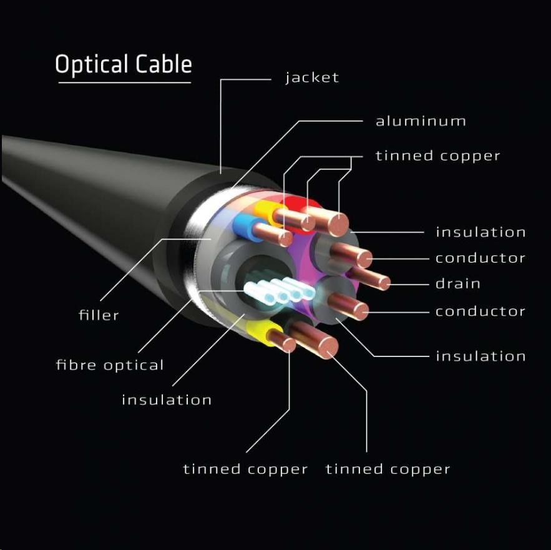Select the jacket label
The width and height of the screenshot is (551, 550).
312,78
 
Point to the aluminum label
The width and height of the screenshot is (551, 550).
421,121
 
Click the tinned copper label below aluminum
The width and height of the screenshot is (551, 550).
437,156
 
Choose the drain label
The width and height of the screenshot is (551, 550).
458,284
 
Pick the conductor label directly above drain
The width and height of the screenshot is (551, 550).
480,258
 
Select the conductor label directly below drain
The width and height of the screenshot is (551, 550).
480,311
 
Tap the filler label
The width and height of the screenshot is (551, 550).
99,315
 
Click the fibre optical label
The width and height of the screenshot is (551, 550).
110,365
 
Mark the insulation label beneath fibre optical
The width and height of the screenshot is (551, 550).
167,400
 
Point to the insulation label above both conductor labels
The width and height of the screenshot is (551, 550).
480,232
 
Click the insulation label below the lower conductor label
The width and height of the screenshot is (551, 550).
480,356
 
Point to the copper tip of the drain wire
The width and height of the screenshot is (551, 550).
384,283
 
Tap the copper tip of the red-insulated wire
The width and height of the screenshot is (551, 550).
339,222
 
